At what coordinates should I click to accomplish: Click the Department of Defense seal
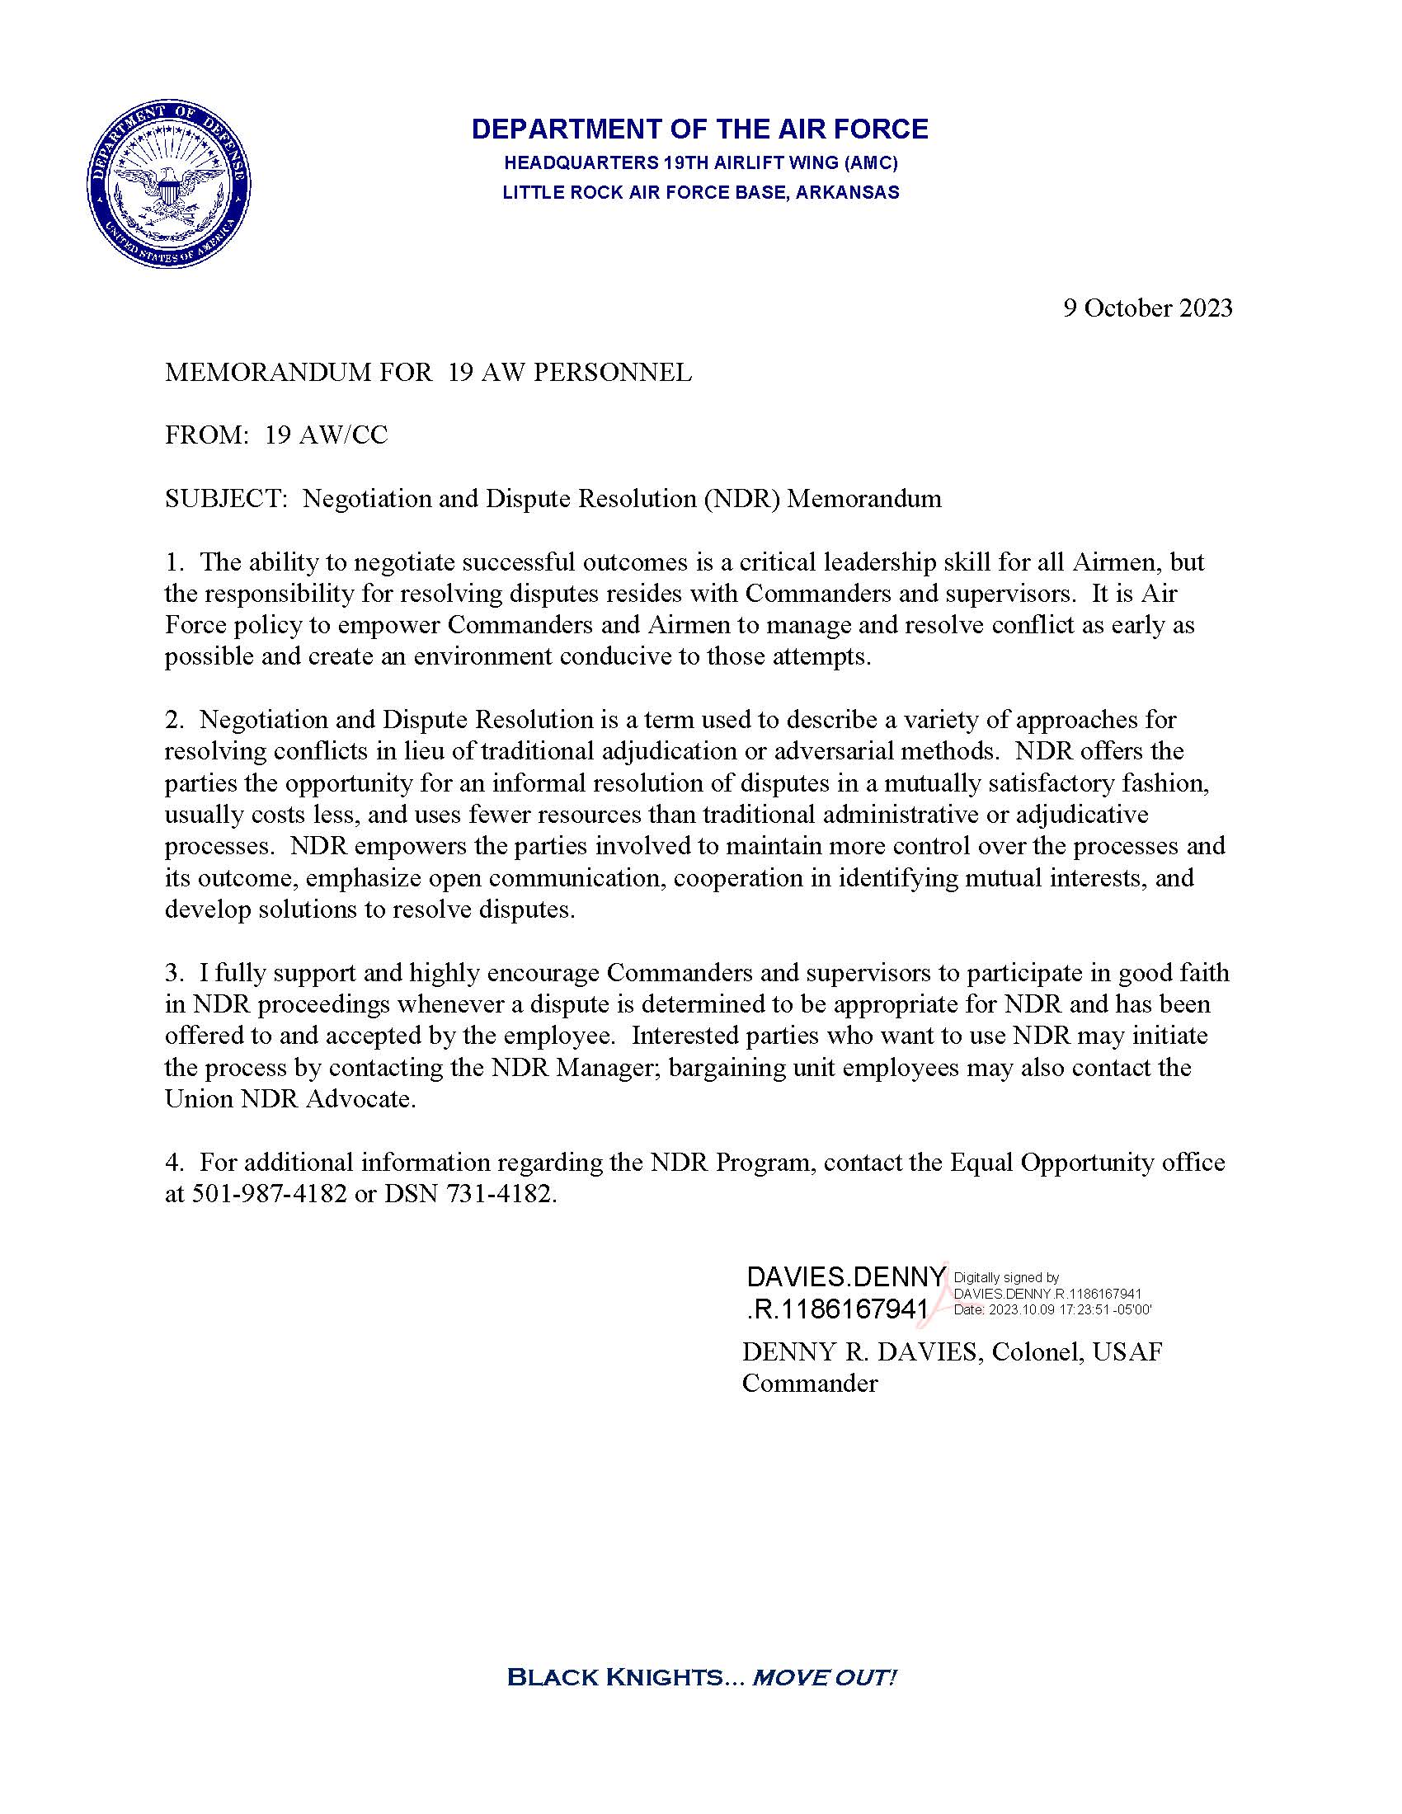[x=169, y=186]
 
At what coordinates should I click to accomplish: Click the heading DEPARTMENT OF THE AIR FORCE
[x=699, y=129]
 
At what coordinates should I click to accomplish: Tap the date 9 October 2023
[x=1148, y=308]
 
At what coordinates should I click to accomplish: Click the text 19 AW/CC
[x=327, y=435]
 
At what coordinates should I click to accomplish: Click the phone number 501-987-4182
[x=269, y=1195]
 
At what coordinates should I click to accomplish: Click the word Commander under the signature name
[x=810, y=1384]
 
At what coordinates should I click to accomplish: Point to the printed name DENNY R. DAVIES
[x=859, y=1352]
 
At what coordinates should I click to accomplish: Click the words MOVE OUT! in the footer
[x=824, y=1677]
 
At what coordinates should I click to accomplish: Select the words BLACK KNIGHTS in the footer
[x=615, y=1677]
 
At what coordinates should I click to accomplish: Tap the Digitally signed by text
[x=1007, y=1278]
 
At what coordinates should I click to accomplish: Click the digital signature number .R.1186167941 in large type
[x=836, y=1310]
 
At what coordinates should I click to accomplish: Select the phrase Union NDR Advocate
[x=288, y=1099]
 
